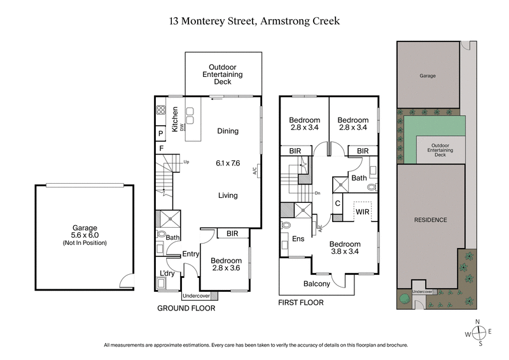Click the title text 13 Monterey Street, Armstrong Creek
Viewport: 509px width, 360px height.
(x=254, y=21)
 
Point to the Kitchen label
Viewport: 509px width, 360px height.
(x=175, y=120)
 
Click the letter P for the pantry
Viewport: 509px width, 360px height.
(x=161, y=134)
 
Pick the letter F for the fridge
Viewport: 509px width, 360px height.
(x=162, y=149)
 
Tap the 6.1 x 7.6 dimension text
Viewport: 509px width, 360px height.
(x=227, y=163)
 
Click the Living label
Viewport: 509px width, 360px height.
(x=227, y=195)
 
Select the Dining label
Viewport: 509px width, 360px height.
(x=227, y=131)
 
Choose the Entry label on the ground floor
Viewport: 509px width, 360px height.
(x=191, y=254)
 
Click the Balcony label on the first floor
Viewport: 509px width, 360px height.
(x=317, y=284)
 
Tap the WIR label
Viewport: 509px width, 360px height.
(x=363, y=211)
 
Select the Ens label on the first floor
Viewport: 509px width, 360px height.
(x=298, y=239)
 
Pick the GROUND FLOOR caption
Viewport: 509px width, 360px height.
(x=186, y=308)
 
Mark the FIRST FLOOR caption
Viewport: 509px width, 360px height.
(x=301, y=303)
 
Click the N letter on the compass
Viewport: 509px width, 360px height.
(x=481, y=322)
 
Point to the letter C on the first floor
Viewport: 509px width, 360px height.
(x=338, y=204)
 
